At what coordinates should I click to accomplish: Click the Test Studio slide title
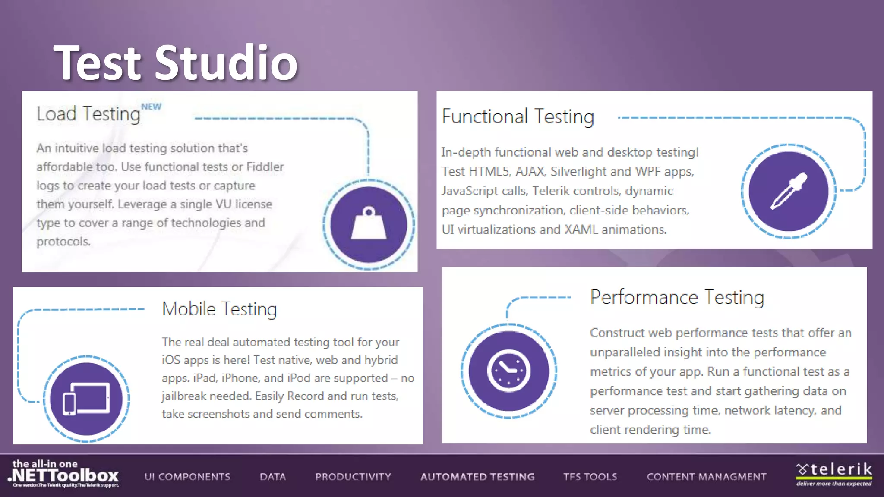tap(176, 63)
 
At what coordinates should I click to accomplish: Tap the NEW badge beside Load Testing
tap(151, 107)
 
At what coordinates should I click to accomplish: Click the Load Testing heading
tap(88, 114)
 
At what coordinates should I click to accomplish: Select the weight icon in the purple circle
tap(369, 224)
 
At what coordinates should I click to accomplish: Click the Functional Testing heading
tap(518, 117)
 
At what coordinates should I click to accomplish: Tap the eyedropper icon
tap(789, 191)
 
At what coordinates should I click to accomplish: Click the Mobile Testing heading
tap(219, 309)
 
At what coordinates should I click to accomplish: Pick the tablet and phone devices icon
tap(86, 398)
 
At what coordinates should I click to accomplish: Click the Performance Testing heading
tap(677, 297)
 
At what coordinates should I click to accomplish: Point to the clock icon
tap(508, 371)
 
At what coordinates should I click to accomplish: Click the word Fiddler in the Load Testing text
tap(265, 167)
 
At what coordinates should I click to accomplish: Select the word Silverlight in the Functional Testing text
tap(578, 172)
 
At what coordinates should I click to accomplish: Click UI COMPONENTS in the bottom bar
tap(187, 477)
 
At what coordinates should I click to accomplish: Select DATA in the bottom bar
tap(273, 477)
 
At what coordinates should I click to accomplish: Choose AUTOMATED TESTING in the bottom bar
tap(477, 477)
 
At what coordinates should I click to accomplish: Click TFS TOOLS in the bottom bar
tap(590, 477)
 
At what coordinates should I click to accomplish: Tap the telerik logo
tap(833, 474)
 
